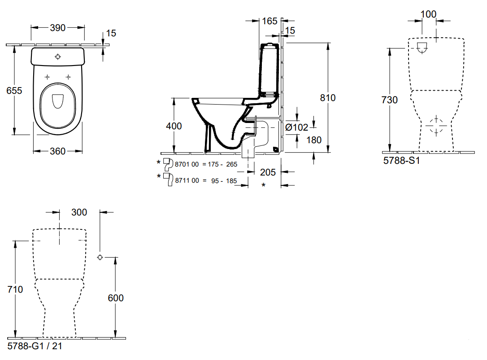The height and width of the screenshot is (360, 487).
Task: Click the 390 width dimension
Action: (57, 28)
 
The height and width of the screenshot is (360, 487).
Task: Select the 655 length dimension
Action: (14, 90)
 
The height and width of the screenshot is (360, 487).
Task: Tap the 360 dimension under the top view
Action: (57, 151)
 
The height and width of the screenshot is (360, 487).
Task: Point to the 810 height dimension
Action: (328, 97)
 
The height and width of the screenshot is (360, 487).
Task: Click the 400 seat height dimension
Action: (174, 126)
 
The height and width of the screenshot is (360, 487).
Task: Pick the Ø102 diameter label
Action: (297, 127)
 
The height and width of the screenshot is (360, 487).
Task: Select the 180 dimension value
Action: (314, 140)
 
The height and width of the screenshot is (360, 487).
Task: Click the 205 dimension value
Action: (267, 172)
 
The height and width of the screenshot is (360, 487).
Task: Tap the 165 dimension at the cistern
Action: (270, 21)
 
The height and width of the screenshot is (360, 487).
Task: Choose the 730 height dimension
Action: (390, 100)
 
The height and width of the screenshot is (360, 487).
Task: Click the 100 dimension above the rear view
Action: (429, 14)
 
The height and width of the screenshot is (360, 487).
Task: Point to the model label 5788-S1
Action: (401, 160)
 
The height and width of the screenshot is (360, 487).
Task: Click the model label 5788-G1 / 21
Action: (35, 346)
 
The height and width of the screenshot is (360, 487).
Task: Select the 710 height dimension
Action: (15, 290)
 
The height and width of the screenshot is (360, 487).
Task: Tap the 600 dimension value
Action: (116, 298)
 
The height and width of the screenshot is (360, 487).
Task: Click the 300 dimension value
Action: (79, 212)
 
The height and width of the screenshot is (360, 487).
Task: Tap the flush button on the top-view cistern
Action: (58, 57)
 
